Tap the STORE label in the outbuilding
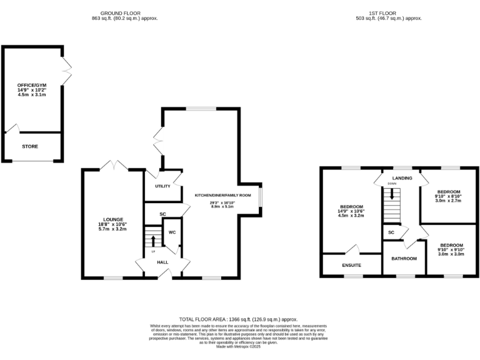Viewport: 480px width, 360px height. point(30,147)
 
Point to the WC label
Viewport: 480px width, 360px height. point(172,232)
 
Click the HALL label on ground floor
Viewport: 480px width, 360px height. point(162,262)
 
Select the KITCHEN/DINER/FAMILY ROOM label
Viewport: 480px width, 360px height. point(222,196)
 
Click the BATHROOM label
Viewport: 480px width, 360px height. point(404,258)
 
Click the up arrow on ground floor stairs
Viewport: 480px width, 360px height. point(153,240)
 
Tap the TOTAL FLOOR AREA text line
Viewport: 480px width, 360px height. point(240,319)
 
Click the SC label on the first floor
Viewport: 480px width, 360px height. point(391,232)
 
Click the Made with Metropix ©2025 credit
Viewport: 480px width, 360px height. point(240,346)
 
